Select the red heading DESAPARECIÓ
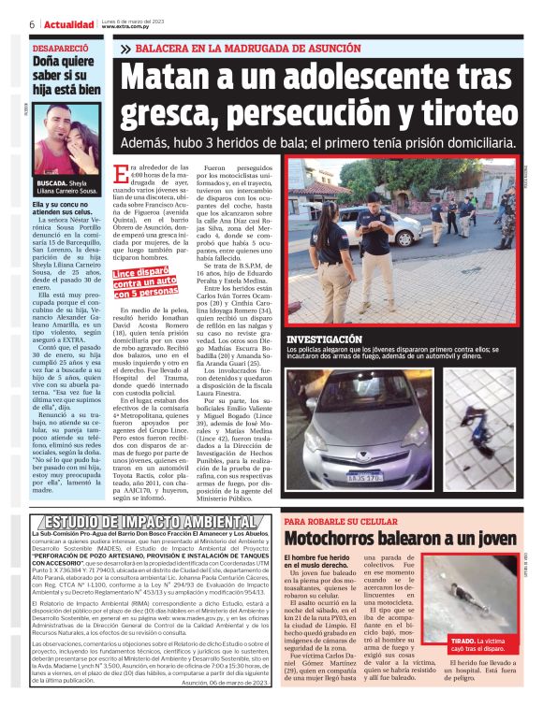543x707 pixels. pos(62,46)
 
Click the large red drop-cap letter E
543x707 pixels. pos(121,175)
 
